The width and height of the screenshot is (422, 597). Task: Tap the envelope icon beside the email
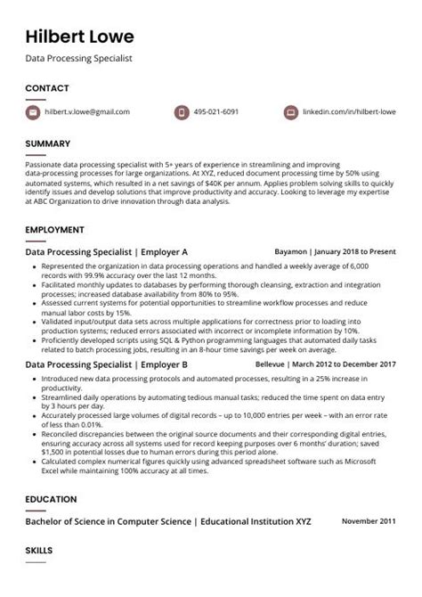(33, 112)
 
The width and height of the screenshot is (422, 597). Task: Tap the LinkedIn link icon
(290, 112)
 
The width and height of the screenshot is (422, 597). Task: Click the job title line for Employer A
(106, 252)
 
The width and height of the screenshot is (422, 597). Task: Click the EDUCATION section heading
(51, 499)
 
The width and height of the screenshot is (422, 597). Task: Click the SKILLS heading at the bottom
(39, 552)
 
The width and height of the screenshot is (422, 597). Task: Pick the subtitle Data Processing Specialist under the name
(78, 58)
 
